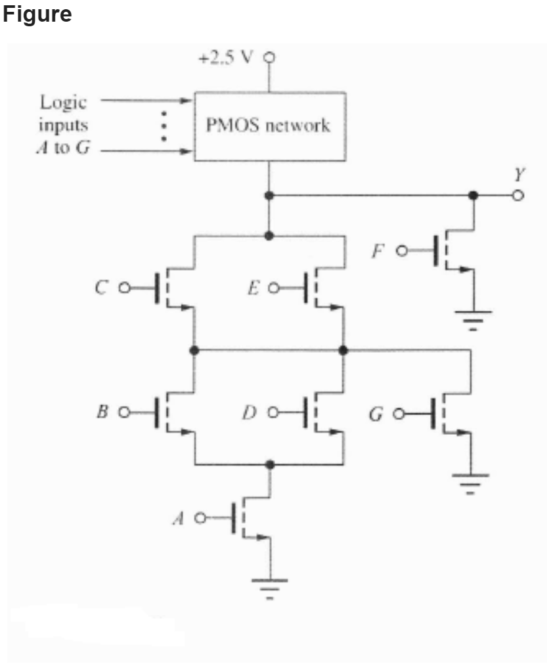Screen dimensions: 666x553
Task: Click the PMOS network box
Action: (269, 126)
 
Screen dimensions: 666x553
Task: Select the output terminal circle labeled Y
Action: (518, 195)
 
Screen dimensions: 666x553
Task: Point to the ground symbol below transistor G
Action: (470, 481)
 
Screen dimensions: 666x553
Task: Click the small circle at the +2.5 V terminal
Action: (268, 56)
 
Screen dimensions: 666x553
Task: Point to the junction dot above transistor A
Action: (270, 464)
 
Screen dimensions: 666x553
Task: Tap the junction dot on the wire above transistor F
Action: (472, 195)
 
